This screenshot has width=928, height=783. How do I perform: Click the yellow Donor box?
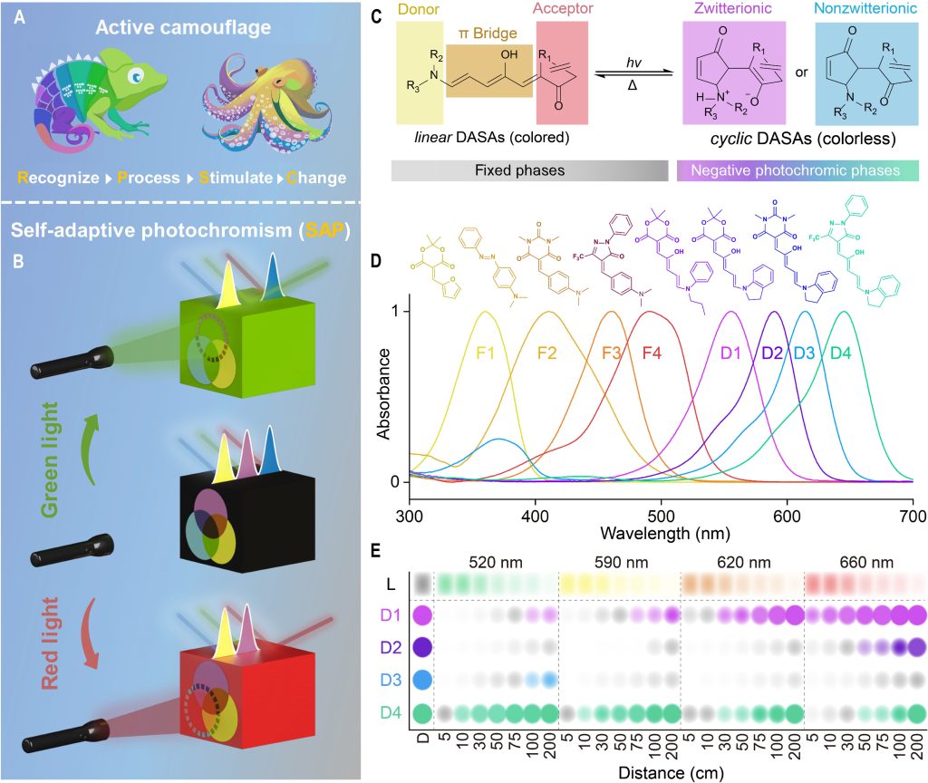[x=420, y=72]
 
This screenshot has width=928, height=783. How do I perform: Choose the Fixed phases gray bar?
[x=530, y=171]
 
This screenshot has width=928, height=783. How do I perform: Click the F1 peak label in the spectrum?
[x=486, y=352]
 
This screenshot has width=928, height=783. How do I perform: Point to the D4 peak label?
[x=841, y=352]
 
